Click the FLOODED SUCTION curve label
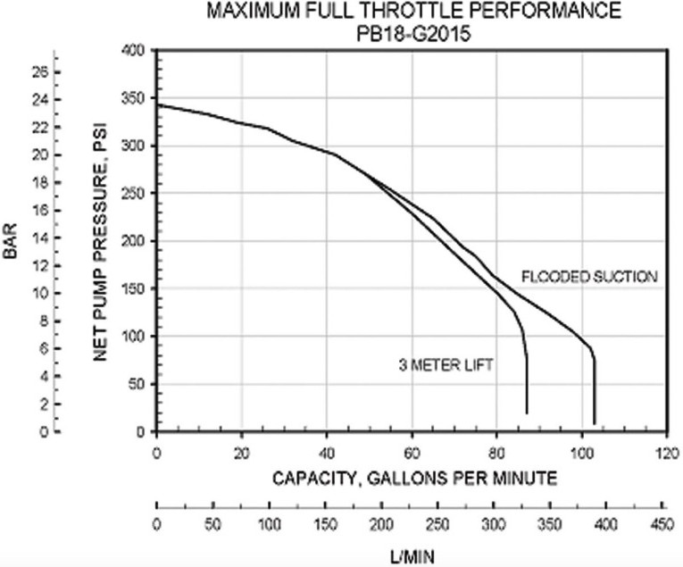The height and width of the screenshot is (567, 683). pyautogui.click(x=589, y=277)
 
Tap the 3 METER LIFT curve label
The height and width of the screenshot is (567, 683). pyautogui.click(x=446, y=364)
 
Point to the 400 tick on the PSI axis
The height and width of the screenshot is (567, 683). pyautogui.click(x=136, y=51)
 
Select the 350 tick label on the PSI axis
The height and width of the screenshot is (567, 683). pyautogui.click(x=136, y=98)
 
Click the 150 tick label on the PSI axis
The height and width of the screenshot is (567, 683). pyautogui.click(x=136, y=289)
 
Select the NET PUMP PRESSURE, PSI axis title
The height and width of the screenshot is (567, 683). pyautogui.click(x=100, y=242)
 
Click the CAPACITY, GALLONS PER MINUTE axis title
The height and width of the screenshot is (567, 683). pyautogui.click(x=414, y=479)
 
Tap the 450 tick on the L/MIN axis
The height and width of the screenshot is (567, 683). pyautogui.click(x=662, y=522)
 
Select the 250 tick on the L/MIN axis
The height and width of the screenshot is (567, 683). pyautogui.click(x=437, y=522)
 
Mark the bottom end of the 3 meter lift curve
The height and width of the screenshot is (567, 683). pyautogui.click(x=527, y=413)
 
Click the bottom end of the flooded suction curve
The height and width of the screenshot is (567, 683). pyautogui.click(x=594, y=423)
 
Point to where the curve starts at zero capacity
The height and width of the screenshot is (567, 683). pyautogui.click(x=158, y=104)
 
